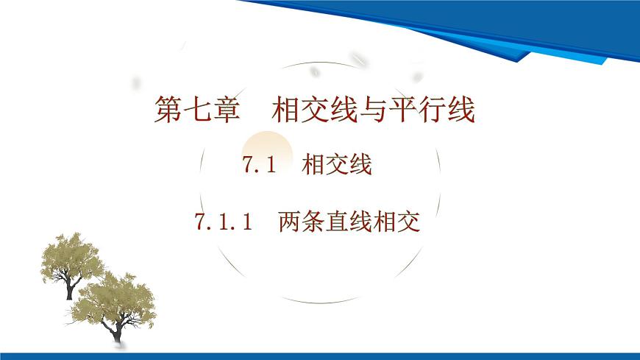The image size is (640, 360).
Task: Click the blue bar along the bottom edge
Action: point(320,356)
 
